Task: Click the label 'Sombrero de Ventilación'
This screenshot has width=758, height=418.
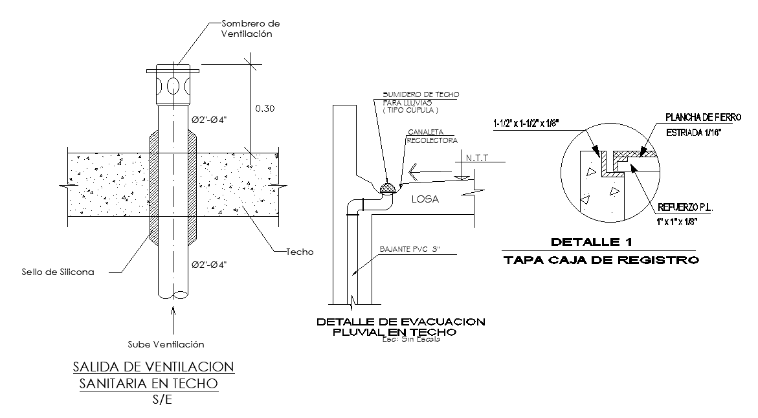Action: point(251,28)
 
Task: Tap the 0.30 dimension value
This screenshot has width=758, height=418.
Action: point(265,109)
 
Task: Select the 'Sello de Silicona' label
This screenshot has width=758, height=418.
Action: point(58,272)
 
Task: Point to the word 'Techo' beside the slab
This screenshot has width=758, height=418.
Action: point(300,252)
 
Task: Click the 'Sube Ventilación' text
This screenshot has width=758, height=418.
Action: point(166,344)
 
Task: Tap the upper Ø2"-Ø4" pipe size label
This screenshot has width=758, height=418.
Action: point(209,120)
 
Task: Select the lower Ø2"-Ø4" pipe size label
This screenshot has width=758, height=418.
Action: point(209,265)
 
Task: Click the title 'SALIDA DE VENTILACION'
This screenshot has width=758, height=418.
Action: point(153,367)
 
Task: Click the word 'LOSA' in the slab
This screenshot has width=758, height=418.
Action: point(425,199)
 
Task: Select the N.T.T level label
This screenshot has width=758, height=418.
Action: point(477,158)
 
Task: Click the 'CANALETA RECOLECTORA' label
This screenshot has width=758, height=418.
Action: point(432,137)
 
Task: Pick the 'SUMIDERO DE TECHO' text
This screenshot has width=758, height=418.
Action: point(421,94)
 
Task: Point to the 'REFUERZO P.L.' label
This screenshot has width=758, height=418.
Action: point(685,208)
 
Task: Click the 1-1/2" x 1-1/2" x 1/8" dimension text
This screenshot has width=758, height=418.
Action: point(526,124)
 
